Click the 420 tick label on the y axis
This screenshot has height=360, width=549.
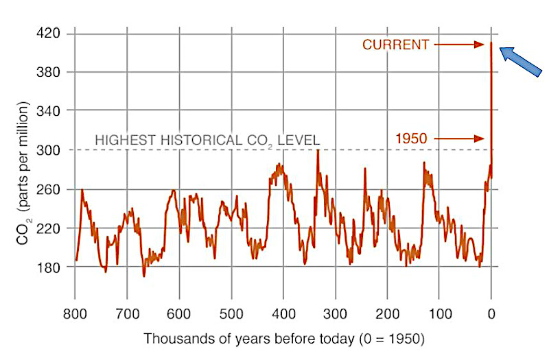48,33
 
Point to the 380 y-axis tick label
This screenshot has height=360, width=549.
48,72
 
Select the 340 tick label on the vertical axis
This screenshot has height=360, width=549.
48,110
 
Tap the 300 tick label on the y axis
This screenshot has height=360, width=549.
48,149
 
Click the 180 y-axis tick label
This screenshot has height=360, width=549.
48,267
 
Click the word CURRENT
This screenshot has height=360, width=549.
395,45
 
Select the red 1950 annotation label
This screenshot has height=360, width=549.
410,139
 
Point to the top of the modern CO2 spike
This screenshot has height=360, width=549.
491,44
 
